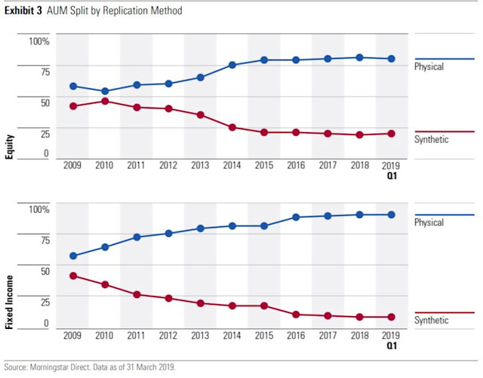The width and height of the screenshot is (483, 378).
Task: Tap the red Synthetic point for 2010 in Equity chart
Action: [104, 101]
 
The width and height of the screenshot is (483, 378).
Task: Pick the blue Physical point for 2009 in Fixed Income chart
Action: [72, 256]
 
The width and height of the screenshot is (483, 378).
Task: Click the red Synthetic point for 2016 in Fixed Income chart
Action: [295, 315]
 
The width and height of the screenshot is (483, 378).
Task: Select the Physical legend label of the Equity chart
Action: [429, 67]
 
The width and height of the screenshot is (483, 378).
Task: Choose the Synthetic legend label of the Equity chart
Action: [431, 140]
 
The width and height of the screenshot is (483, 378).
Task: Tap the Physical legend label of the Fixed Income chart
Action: [429, 223]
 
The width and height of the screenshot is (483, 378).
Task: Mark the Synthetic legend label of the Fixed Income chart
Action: [431, 321]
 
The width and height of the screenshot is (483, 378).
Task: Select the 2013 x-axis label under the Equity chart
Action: [200, 165]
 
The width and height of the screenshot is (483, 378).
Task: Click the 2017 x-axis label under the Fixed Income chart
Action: [327, 334]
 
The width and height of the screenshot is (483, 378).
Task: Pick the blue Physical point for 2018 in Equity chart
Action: [359, 57]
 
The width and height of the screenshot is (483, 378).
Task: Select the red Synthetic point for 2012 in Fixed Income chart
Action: [168, 299]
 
